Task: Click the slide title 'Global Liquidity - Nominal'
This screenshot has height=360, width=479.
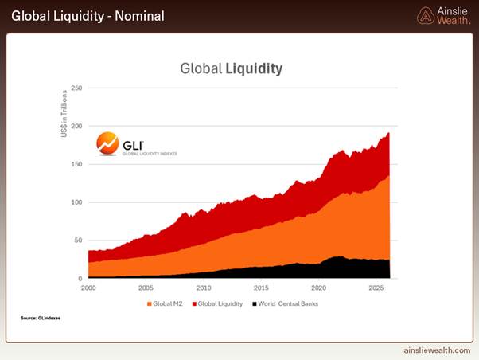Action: click(88, 16)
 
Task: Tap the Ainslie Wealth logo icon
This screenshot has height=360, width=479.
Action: click(426, 16)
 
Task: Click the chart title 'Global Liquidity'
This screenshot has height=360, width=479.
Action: click(232, 68)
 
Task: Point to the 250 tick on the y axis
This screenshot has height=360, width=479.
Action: click(76, 88)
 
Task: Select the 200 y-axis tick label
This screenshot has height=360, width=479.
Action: click(76, 126)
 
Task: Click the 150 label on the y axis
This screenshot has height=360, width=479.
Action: click(76, 164)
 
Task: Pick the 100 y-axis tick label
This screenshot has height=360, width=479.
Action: click(76, 202)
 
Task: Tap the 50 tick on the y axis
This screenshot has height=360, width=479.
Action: click(78, 241)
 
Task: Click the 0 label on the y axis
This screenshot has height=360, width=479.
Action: click(80, 279)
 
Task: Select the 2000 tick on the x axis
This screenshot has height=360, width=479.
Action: click(88, 288)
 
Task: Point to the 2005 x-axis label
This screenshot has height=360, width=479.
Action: click(146, 288)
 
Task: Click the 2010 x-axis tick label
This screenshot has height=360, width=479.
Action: click(204, 288)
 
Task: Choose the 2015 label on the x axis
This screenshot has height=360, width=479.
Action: click(261, 288)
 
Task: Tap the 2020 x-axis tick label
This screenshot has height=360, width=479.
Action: click(318, 288)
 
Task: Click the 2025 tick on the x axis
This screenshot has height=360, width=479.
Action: click(376, 288)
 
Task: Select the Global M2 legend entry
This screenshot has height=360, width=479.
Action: click(165, 303)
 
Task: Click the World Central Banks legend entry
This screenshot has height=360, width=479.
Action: click(286, 303)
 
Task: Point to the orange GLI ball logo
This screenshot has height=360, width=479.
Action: click(107, 143)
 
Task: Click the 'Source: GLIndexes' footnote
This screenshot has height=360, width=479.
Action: click(41, 318)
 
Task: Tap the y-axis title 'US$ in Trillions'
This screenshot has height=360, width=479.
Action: click(64, 113)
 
